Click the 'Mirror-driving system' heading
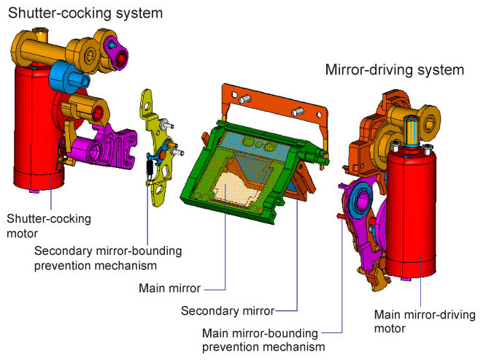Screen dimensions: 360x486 [x=395, y=70]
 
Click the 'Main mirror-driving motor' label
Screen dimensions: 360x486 [x=424, y=321]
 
